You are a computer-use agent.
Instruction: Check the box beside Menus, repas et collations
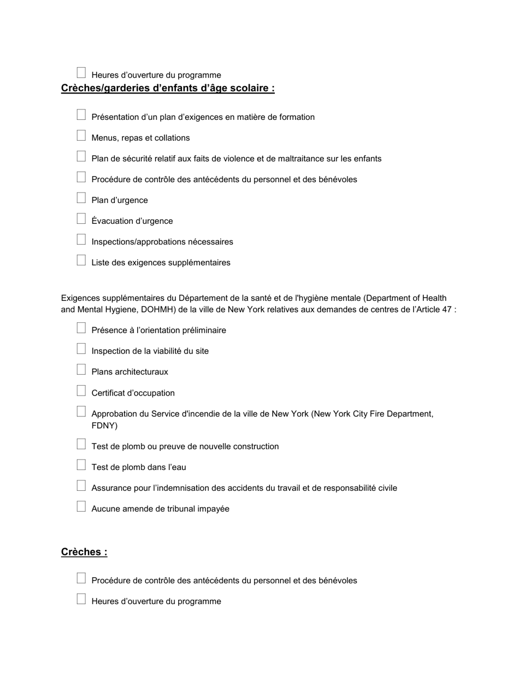tap(81, 136)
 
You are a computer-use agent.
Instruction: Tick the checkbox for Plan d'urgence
tap(81, 198)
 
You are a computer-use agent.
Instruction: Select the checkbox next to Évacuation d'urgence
tap(81, 219)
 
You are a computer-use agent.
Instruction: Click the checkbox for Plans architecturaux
tap(81, 370)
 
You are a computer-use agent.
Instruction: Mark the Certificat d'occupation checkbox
tap(81, 391)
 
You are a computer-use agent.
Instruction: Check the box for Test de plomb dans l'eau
tap(81, 465)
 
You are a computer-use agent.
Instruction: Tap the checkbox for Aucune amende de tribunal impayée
tap(81, 507)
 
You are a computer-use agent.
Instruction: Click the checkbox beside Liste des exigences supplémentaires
tap(81, 260)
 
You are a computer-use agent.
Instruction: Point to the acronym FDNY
tap(104, 426)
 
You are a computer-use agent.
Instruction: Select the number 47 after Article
tap(447, 309)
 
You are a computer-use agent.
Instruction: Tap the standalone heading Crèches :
tap(84, 552)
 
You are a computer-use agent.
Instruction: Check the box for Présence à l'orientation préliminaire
tap(81, 328)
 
